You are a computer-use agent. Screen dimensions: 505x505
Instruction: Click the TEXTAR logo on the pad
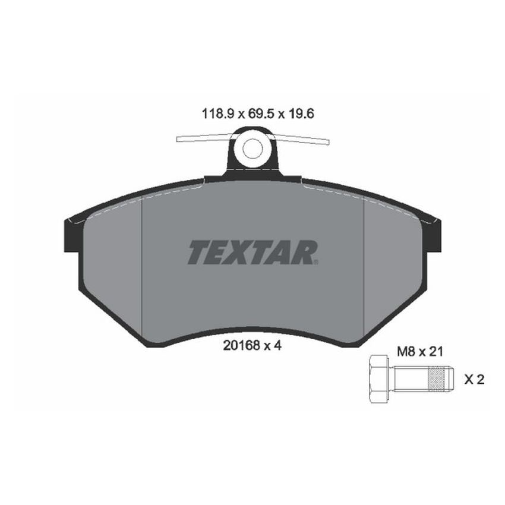252,252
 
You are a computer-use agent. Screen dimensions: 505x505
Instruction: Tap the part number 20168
238,346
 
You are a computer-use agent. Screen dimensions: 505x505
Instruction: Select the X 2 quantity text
474,379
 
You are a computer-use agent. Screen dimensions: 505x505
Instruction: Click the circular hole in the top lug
252,148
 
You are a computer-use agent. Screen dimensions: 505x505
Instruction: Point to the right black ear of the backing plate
434,235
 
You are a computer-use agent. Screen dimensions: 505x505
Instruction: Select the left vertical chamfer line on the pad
143,267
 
